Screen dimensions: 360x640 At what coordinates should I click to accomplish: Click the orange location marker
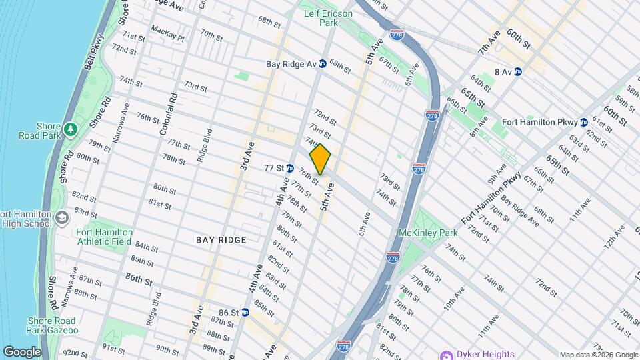320,159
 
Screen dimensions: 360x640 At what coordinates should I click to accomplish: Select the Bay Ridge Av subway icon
322,64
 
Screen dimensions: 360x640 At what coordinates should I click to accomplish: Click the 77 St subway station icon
290,167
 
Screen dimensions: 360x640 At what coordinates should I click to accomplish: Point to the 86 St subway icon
245,312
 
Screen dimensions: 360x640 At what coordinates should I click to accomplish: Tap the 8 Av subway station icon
517,71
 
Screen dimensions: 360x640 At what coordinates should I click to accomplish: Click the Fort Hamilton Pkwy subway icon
583,122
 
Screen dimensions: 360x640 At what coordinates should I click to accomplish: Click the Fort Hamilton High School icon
61,218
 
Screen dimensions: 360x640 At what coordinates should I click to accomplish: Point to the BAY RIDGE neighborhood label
221,239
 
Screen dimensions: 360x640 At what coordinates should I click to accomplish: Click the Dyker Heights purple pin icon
445,354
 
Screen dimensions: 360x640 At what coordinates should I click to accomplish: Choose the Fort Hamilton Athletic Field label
105,237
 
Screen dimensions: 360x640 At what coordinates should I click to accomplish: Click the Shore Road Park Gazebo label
53,325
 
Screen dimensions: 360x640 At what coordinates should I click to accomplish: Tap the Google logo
21,351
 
